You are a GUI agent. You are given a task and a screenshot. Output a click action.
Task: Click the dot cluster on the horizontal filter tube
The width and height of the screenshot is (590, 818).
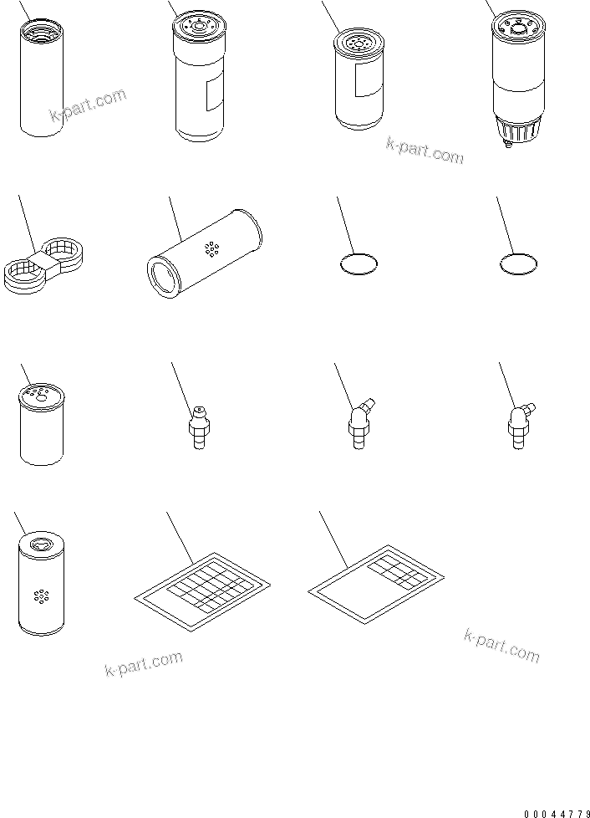coord(211,248)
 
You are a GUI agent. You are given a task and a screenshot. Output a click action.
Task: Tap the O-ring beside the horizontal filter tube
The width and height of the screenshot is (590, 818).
coord(359,265)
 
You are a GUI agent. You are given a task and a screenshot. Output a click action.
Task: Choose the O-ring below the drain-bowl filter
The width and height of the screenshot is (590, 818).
coord(517,265)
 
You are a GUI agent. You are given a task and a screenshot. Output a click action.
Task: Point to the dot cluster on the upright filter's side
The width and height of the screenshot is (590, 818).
coord(39,596)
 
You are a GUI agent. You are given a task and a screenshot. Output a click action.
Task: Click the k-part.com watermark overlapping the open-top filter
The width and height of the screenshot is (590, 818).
coord(88,107)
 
